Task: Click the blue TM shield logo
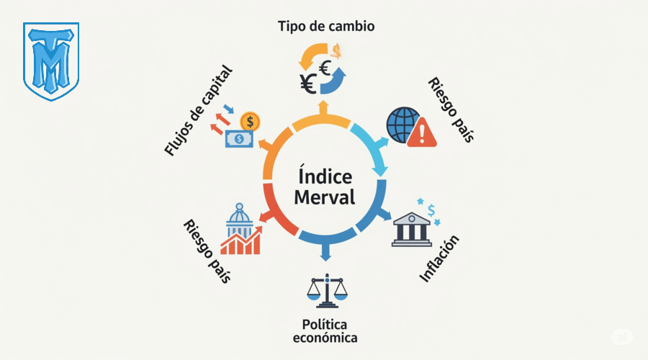pos(51,60)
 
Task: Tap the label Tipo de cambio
pos(326,26)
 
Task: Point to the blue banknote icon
pos(238,138)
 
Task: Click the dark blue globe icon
pos(402,123)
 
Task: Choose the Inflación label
pos(439,258)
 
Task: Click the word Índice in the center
pos(324,176)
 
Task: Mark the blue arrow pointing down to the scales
pos(325,253)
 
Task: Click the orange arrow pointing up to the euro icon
pos(323,108)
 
